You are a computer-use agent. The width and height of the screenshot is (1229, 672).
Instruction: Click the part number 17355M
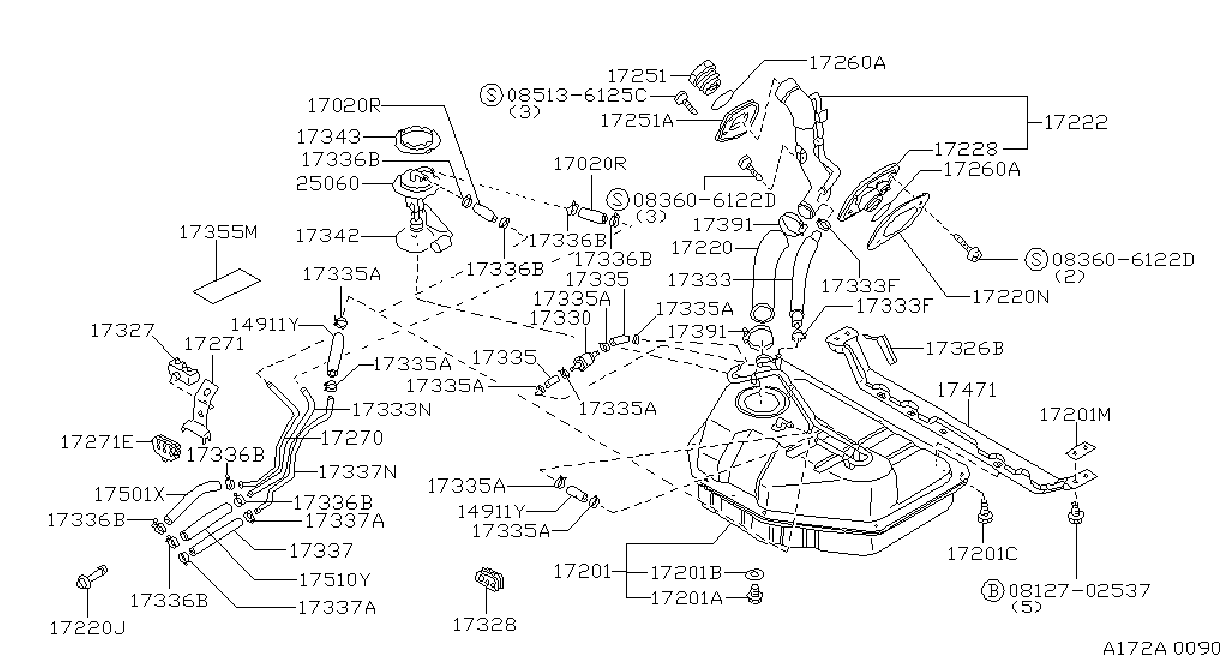[218, 232]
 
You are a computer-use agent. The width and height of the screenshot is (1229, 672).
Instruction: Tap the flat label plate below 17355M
[227, 285]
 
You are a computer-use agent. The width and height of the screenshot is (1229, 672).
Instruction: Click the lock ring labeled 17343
[418, 140]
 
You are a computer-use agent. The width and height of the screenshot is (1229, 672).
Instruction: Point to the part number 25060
[328, 183]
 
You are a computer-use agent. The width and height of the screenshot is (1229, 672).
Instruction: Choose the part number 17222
[1075, 122]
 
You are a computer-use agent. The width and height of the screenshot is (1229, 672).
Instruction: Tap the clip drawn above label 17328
[489, 579]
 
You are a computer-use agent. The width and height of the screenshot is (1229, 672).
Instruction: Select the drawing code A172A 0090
[1162, 649]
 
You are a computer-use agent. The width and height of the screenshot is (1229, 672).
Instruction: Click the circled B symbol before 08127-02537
[992, 591]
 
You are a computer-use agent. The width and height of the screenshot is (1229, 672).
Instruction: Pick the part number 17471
[966, 390]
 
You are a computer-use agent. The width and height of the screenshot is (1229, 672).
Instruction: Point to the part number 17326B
[964, 349]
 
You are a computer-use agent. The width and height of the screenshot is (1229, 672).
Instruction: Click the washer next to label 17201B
[755, 574]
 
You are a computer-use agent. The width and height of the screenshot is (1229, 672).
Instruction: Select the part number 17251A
[637, 121]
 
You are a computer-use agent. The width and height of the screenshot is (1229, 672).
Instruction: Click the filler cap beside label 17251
[706, 77]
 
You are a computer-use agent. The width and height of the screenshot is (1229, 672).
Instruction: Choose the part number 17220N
[1010, 297]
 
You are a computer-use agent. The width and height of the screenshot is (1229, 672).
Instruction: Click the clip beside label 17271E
[166, 448]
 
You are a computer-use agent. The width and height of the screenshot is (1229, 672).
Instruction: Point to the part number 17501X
[129, 495]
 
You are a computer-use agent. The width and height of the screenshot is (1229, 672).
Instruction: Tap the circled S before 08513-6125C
[491, 95]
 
